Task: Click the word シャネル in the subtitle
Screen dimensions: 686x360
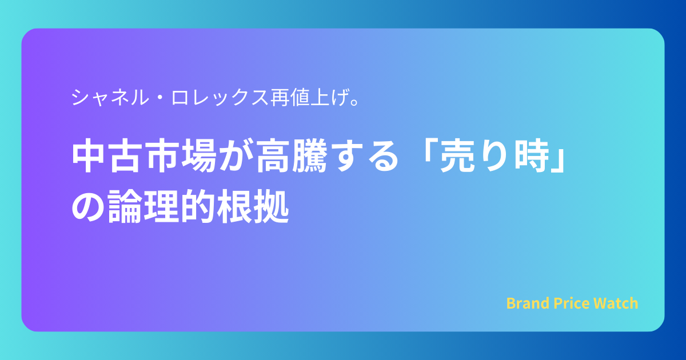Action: [110, 97]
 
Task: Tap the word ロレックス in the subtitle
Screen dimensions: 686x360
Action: [220, 97]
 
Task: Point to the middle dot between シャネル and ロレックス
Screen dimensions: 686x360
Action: [160, 97]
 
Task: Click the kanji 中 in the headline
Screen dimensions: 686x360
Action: [89, 155]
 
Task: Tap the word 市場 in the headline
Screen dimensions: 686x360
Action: [181, 155]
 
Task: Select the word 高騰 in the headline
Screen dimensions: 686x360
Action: [292, 155]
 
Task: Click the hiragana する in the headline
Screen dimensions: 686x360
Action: [364, 155]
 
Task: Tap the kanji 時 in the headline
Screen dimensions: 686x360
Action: [531, 155]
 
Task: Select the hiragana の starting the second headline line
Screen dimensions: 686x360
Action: [88, 206]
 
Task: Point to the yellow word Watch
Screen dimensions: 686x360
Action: [616, 303]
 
